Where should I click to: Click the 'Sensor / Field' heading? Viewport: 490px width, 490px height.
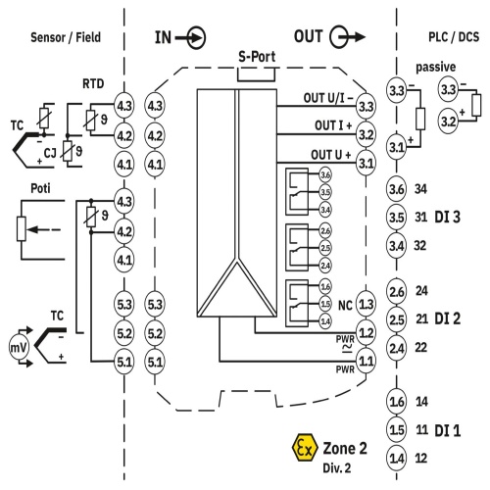tap(66, 37)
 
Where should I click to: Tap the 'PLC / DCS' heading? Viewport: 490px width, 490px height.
tap(454, 37)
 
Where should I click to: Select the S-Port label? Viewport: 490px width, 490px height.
tap(257, 57)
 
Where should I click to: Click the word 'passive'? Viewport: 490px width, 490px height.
tap(435, 68)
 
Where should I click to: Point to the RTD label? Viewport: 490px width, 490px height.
tap(93, 83)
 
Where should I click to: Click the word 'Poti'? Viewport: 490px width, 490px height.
tap(40, 188)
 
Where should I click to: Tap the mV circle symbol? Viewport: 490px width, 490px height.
tap(19, 348)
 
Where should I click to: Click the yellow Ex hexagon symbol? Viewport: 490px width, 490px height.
tap(305, 447)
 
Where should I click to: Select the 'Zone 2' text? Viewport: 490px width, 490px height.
tap(345, 448)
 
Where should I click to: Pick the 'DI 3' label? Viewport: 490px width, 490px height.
tap(447, 217)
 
